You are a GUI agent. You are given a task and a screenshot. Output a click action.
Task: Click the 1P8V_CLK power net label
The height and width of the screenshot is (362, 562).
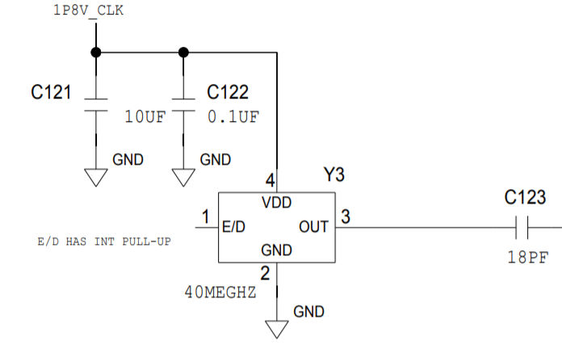click(88, 11)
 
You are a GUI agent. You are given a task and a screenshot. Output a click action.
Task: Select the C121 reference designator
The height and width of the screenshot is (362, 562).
click(52, 93)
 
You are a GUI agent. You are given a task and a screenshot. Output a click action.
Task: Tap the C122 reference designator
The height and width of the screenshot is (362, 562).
click(228, 93)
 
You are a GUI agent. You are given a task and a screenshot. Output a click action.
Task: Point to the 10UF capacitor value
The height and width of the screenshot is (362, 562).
click(145, 116)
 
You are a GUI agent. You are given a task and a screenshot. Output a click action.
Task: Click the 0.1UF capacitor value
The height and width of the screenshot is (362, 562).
click(233, 116)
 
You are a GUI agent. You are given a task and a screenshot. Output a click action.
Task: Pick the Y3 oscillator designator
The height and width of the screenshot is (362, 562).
click(334, 175)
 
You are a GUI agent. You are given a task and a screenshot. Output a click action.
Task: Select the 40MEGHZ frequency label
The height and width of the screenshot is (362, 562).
click(220, 293)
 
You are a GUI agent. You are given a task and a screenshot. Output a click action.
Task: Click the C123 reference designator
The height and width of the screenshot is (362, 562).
click(525, 197)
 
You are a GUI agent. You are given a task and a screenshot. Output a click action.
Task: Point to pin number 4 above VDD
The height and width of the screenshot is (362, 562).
click(271, 179)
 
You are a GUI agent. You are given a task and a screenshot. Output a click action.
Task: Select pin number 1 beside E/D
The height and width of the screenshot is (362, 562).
click(206, 217)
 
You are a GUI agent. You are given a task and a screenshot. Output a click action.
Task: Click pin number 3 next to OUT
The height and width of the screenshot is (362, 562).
click(345, 217)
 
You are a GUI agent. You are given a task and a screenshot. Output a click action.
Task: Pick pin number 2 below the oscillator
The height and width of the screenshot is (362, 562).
click(265, 274)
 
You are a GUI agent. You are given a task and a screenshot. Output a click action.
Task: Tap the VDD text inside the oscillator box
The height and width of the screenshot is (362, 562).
click(277, 202)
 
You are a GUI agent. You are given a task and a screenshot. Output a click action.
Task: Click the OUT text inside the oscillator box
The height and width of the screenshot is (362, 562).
click(314, 227)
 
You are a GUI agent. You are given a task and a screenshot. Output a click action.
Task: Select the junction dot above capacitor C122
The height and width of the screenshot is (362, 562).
click(183, 53)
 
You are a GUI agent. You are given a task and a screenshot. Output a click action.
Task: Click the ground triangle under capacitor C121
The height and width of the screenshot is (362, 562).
click(96, 177)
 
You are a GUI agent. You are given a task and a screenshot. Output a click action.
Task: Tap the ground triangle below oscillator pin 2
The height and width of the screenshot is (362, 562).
click(277, 329)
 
